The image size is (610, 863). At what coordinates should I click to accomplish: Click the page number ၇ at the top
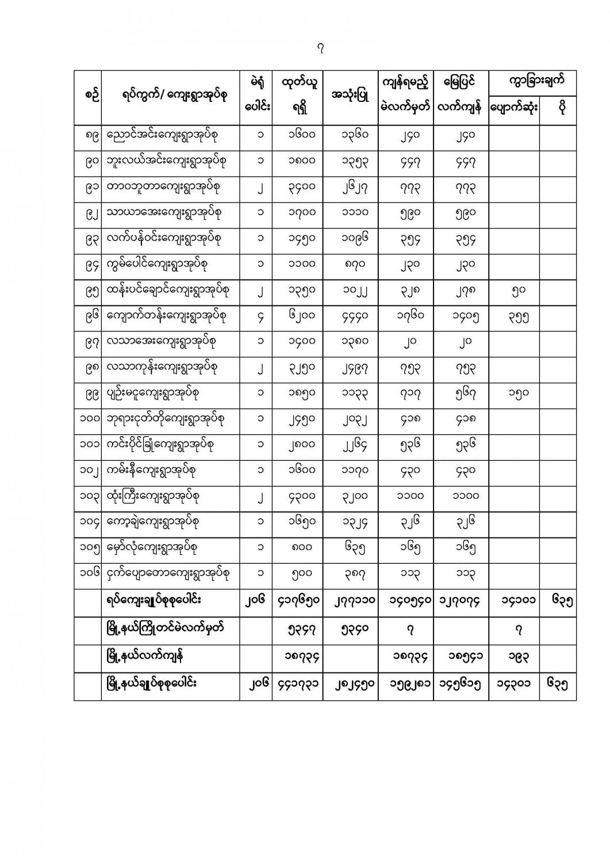(x=321, y=49)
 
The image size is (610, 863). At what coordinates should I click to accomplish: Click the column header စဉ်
(x=87, y=96)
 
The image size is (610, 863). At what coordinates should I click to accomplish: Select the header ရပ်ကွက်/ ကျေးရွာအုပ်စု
(x=171, y=96)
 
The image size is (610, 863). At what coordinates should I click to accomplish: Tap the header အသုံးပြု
(x=350, y=96)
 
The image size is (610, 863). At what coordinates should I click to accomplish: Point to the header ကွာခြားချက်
(x=532, y=81)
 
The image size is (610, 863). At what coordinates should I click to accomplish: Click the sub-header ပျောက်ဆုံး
(x=513, y=108)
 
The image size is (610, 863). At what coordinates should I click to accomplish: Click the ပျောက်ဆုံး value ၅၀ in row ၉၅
(x=513, y=290)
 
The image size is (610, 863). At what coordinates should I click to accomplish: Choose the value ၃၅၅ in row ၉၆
(x=513, y=316)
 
